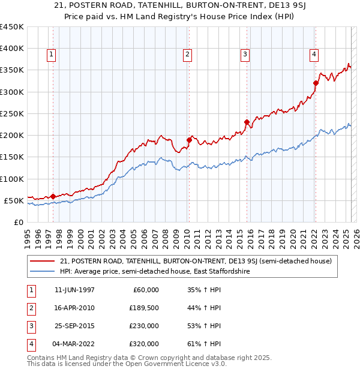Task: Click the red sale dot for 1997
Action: click(x=53, y=196)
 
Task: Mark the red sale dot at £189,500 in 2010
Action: click(x=188, y=140)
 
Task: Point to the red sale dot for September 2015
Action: click(x=247, y=122)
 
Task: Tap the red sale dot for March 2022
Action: click(x=316, y=83)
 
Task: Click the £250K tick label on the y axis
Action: click(x=13, y=113)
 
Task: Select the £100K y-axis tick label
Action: click(x=13, y=179)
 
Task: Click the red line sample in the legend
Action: click(x=43, y=261)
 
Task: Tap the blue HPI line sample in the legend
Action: click(x=43, y=271)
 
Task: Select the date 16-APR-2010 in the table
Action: click(x=74, y=308)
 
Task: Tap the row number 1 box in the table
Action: click(x=30, y=290)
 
